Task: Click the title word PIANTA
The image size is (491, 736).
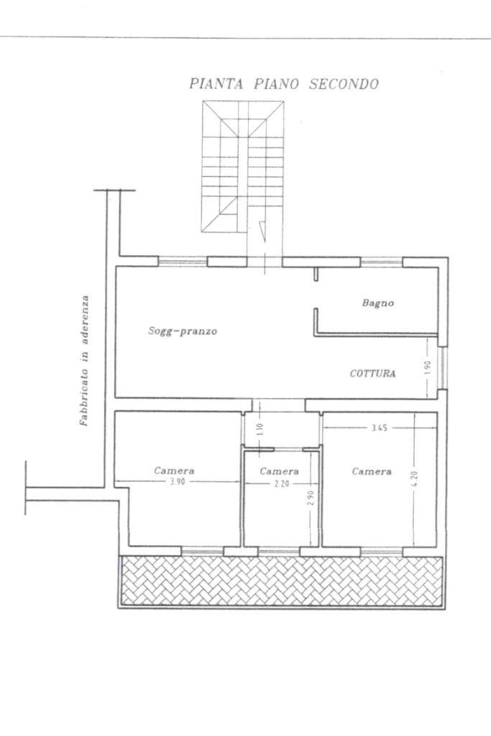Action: tap(216, 84)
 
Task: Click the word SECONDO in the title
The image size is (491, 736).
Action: tap(344, 84)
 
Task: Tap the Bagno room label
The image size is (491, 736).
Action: tap(378, 303)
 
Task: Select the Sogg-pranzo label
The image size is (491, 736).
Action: tap(183, 331)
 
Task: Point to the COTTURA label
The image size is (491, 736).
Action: tap(372, 374)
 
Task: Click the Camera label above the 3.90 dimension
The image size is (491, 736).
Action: tap(174, 471)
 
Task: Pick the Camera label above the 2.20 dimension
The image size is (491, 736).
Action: tap(280, 471)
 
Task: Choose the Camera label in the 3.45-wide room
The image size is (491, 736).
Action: tap(372, 471)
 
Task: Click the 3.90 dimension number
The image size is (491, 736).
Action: tap(177, 482)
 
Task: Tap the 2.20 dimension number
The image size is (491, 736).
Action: tap(282, 484)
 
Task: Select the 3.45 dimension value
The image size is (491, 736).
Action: tap(380, 428)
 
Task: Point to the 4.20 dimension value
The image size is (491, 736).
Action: tap(415, 479)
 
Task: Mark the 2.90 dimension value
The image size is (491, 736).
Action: tap(311, 498)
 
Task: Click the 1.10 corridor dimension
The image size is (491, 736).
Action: tap(262, 429)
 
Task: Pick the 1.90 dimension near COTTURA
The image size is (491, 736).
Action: tap(427, 367)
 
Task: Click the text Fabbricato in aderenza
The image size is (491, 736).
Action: tap(85, 361)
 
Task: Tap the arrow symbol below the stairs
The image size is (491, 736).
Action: tap(262, 231)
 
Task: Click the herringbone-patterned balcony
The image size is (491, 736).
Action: tap(282, 581)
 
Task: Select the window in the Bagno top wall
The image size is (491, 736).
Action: tap(382, 262)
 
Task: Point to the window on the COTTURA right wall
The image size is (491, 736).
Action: tap(442, 368)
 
